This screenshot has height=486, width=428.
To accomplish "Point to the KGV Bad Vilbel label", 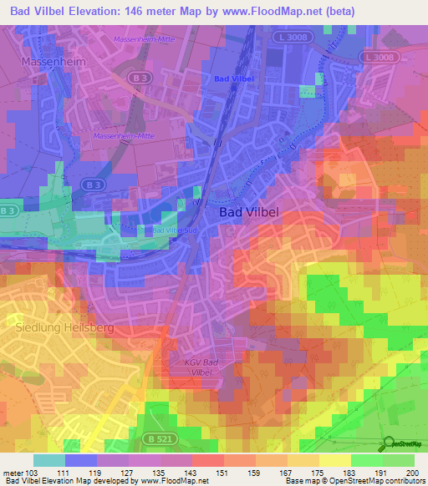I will point(205,368).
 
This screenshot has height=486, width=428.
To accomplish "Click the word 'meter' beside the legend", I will point(13,473).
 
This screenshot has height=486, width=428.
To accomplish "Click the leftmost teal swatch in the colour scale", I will point(49,460).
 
